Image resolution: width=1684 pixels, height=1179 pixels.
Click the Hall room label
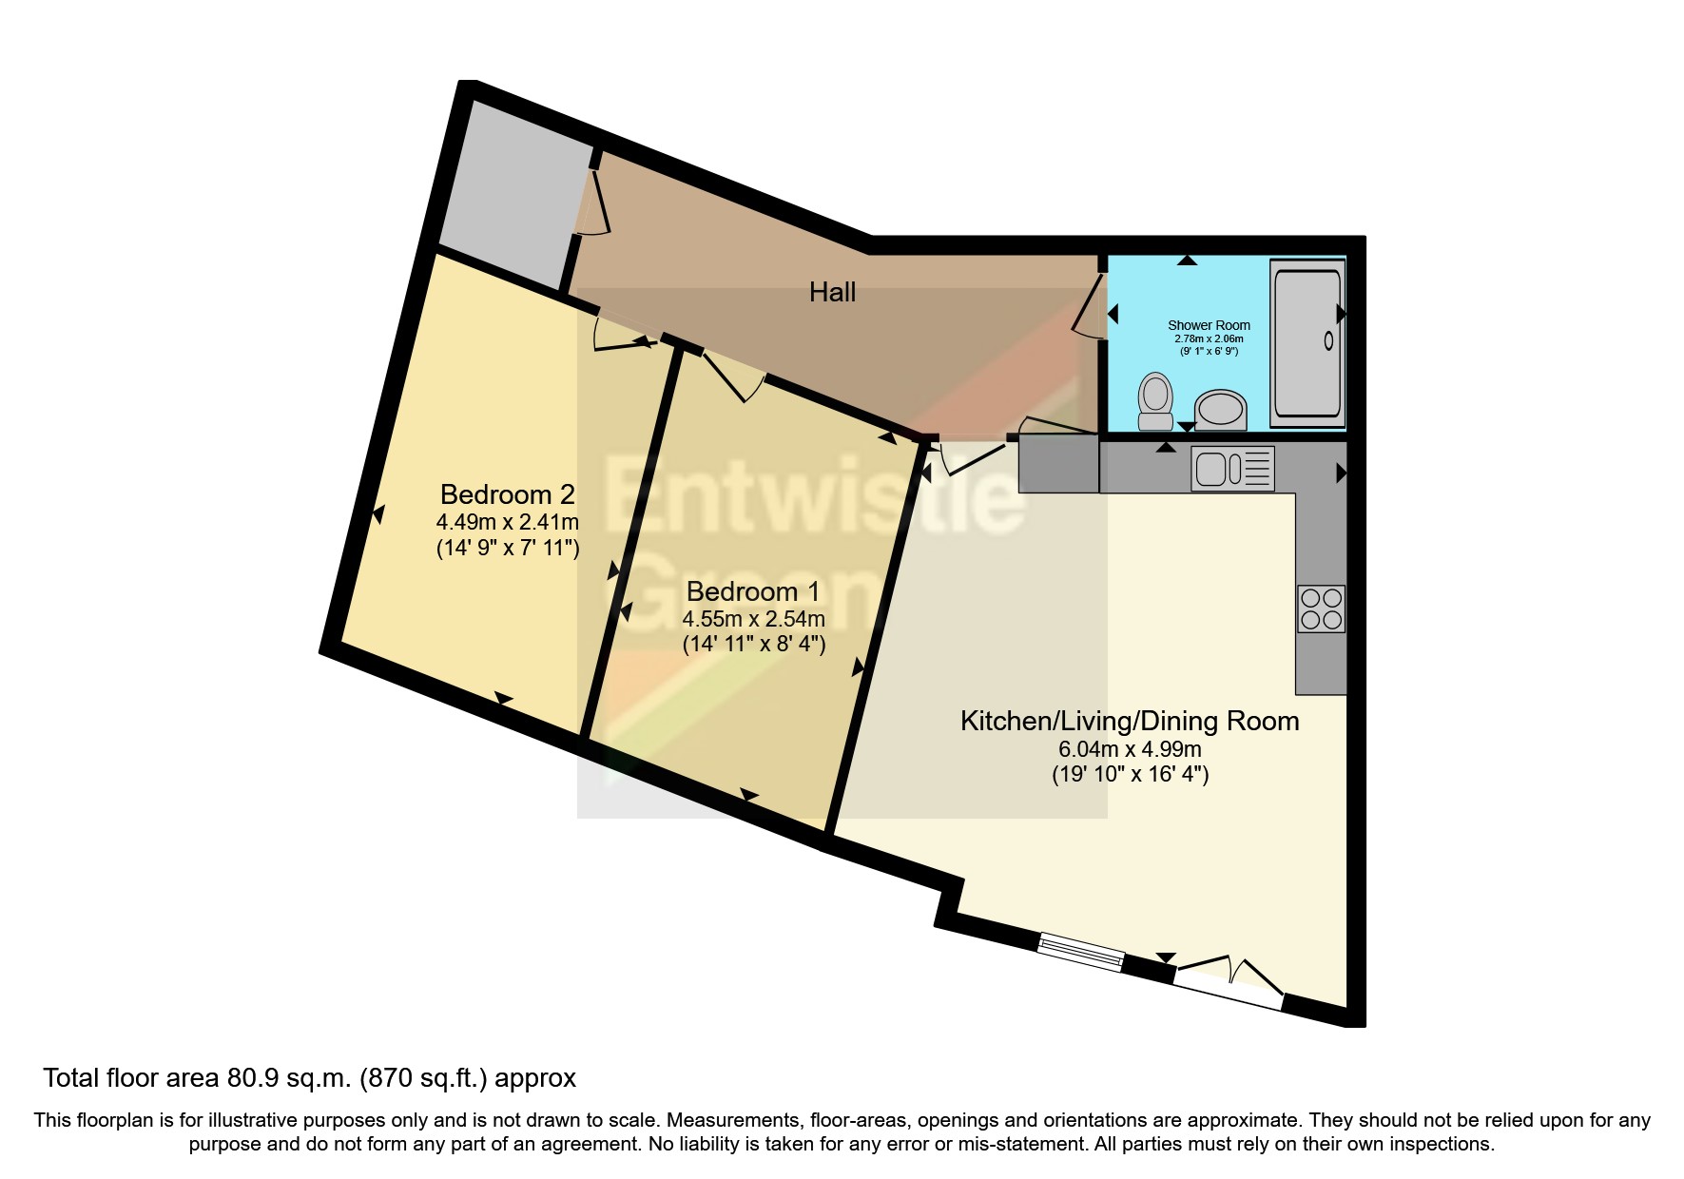pos(832,292)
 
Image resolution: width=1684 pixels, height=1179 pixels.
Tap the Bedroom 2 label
pos(508,494)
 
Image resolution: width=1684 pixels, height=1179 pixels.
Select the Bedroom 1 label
pos(753,591)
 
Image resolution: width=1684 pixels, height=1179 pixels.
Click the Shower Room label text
pos(1209,325)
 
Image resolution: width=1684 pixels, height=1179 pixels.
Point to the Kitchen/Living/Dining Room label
pos(1130,721)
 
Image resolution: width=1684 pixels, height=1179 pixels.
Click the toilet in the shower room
pos(1155,401)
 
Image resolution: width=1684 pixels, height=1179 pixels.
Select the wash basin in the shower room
pos(1221,410)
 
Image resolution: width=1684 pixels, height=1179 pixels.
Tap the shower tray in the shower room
pos(1307,342)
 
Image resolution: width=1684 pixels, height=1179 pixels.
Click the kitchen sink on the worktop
pos(1232,469)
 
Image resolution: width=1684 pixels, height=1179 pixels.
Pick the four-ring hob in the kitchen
pos(1321,609)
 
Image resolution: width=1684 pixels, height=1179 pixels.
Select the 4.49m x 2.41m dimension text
pos(508,522)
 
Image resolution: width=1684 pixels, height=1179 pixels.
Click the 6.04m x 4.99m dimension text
pos(1130,749)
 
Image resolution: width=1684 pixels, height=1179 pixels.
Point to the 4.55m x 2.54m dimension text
pos(753,619)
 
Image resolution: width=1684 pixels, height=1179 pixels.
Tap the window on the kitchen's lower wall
pos(1080,953)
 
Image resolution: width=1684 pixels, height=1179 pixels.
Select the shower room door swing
pos(1090,304)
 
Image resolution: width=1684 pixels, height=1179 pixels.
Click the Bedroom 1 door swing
pos(737,377)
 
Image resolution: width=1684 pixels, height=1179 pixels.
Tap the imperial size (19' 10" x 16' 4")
pos(1130,774)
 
